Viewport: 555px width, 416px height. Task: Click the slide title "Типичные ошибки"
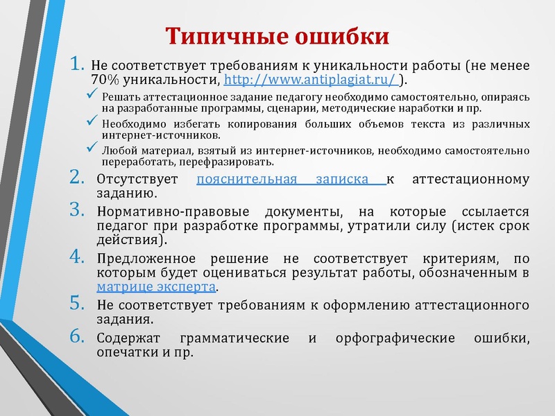click(277, 35)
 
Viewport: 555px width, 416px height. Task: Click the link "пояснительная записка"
click(291, 180)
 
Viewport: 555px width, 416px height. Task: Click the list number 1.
click(77, 65)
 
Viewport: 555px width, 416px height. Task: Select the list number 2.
click(77, 179)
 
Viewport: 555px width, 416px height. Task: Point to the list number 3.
click(77, 211)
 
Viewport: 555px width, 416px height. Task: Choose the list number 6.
click(77, 338)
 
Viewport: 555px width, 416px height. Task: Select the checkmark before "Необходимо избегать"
click(89, 122)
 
